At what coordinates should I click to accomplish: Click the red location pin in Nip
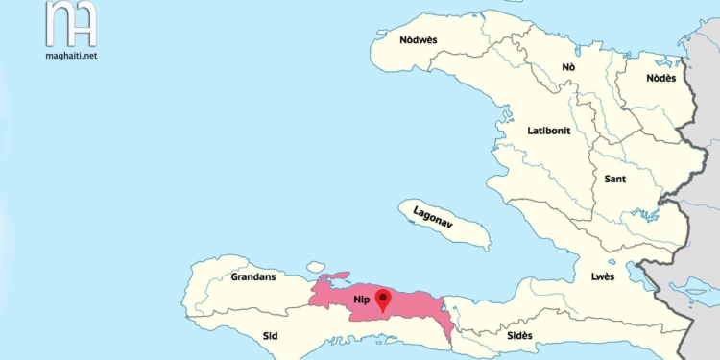[x=383, y=300]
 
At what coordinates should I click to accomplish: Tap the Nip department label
[x=362, y=300]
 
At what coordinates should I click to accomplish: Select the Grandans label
[x=252, y=277]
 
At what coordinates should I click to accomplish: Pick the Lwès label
[x=604, y=276]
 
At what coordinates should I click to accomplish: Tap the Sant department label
[x=615, y=180]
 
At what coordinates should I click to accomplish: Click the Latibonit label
[x=549, y=130]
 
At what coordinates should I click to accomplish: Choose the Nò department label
[x=568, y=67]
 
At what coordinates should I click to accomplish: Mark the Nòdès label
[x=660, y=78]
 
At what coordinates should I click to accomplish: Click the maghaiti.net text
[x=70, y=55]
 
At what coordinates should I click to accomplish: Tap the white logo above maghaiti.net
[x=71, y=24]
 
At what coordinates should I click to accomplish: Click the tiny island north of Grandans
[x=316, y=267]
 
